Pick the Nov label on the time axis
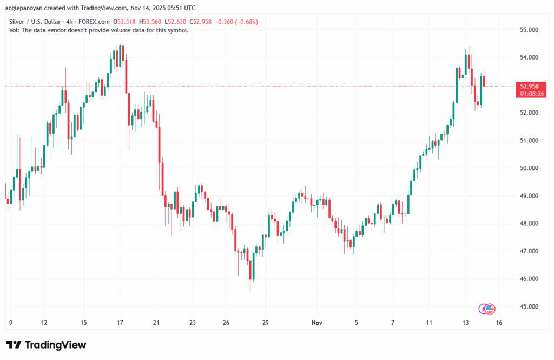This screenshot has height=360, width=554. [318, 323]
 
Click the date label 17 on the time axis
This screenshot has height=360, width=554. [120, 323]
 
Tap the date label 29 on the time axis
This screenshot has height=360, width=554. [265, 323]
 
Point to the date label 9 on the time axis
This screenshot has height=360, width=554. [11, 323]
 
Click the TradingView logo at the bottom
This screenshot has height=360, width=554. [46, 345]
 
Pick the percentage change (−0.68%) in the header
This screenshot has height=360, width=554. [246, 22]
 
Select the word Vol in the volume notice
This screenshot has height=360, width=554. [15, 30]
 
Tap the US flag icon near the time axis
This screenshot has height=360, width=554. [491, 309]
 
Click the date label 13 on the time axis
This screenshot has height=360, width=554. [465, 323]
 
